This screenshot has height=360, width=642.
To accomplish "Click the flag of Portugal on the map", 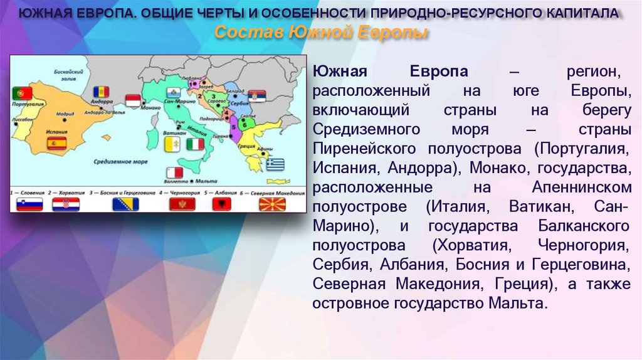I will (x=23, y=93).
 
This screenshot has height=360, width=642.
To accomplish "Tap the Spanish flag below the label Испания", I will (x=56, y=143).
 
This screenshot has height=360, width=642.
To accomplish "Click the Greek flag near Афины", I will (x=275, y=164).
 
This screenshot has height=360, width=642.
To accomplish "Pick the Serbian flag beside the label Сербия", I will (x=257, y=96).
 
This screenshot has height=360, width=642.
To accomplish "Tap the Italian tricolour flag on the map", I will (x=196, y=144).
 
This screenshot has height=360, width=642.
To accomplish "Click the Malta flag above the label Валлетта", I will (x=174, y=172).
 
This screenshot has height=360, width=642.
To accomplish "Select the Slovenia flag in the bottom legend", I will (x=29, y=204).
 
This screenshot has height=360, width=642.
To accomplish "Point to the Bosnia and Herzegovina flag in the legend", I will (x=125, y=204).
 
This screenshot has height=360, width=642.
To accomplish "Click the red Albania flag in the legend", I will (x=223, y=204).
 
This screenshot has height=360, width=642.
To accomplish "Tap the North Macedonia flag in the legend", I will (x=272, y=204).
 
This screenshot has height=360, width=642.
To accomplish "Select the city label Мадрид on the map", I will (x=65, y=115).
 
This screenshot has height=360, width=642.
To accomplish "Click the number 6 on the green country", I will (x=244, y=124).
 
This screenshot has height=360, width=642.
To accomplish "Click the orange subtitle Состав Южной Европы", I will (x=322, y=33).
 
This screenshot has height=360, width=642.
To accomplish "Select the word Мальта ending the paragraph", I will (x=517, y=304).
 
